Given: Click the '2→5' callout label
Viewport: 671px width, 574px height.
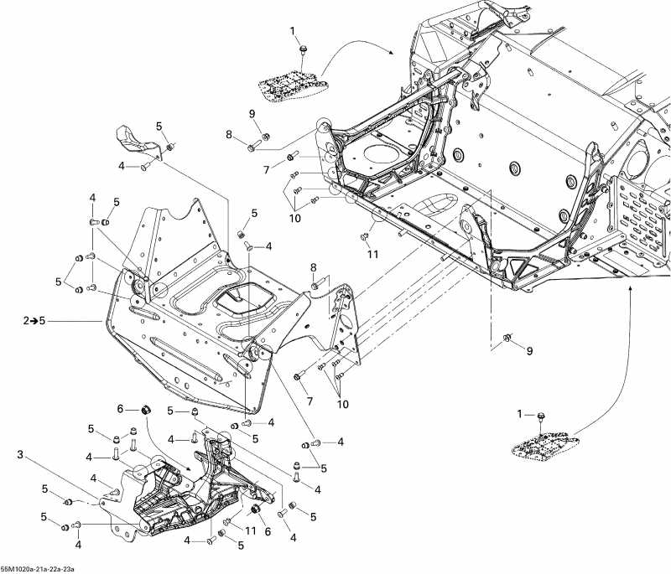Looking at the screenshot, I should click(x=34, y=320).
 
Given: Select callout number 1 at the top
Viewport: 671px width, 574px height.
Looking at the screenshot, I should click(x=294, y=31).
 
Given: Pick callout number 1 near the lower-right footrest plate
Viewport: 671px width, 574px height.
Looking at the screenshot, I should click(x=519, y=414).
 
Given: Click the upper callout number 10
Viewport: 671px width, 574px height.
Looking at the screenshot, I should click(x=294, y=218).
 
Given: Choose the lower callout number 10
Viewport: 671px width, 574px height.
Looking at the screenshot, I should click(x=341, y=405).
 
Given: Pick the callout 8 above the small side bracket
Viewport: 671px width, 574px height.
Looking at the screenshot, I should click(x=315, y=267).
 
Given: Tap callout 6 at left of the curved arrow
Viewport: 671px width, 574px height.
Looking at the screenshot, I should click(x=121, y=408).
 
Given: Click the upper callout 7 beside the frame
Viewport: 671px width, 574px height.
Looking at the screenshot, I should click(x=267, y=170).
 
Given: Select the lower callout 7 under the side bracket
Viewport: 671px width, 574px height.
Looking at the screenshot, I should click(x=309, y=402).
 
